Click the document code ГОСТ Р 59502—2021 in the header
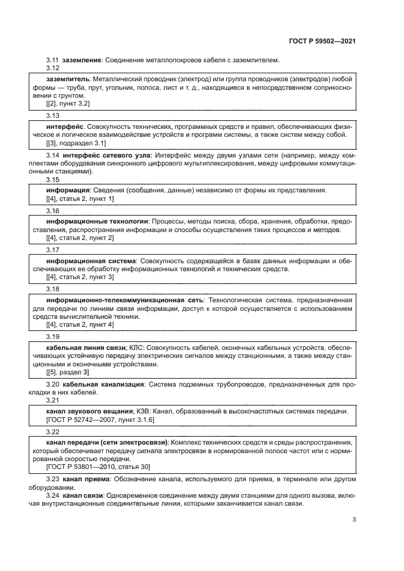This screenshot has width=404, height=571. coord(322,41)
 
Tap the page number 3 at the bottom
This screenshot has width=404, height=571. coord(354,520)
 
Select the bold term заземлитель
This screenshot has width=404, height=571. coord(68,79)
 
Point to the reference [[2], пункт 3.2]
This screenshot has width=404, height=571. coord(67,104)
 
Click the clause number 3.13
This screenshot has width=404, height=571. coord(53,115)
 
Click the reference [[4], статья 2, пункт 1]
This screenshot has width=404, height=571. coord(80,199)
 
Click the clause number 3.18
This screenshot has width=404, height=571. coord(53,289)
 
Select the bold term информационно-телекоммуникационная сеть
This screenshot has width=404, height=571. coord(125,300)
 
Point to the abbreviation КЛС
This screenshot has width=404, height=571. coord(136,347)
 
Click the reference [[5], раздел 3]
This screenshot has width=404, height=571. coord(68,372)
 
